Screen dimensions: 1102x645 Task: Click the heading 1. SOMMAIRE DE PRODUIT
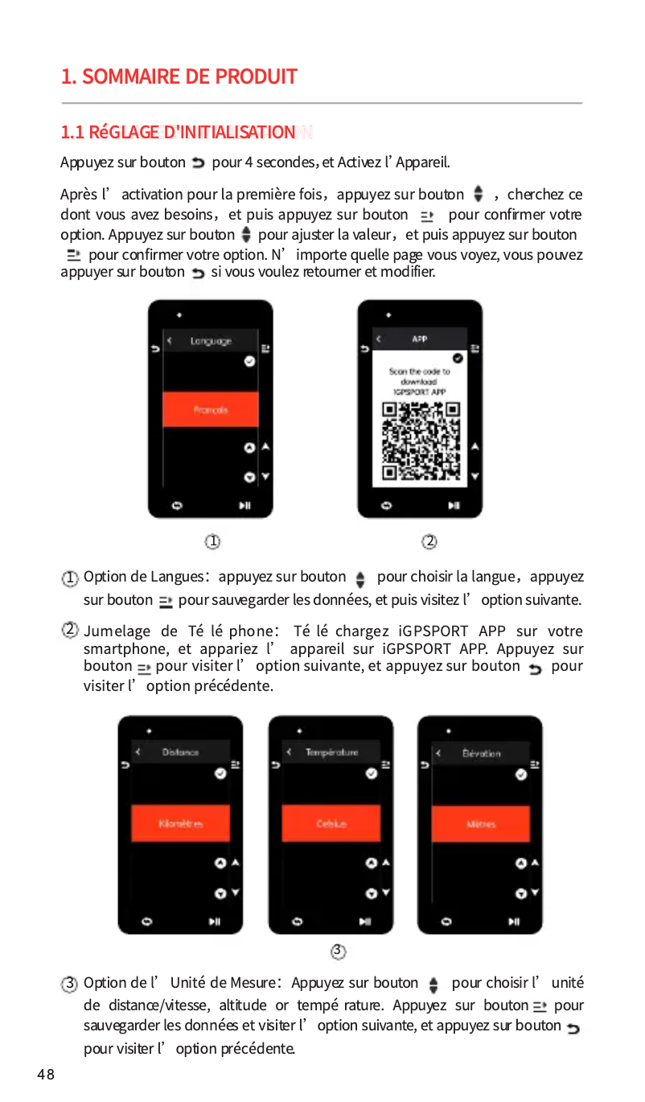(x=179, y=77)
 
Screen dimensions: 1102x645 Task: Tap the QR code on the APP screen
(x=420, y=440)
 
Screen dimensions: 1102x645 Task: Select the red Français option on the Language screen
(x=211, y=409)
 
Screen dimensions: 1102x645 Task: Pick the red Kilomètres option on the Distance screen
(x=181, y=824)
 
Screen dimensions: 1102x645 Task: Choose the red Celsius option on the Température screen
(x=331, y=824)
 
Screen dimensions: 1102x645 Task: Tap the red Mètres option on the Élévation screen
(x=481, y=824)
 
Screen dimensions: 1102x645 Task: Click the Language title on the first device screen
(x=211, y=341)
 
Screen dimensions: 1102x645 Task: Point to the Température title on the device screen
(x=331, y=753)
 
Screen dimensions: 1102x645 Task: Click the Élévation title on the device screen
(x=482, y=754)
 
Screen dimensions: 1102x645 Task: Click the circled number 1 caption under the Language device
(x=212, y=542)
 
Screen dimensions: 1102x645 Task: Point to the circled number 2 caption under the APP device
(x=429, y=542)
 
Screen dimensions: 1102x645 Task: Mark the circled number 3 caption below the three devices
(x=339, y=952)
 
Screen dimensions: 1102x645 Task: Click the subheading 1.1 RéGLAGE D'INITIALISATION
(x=179, y=132)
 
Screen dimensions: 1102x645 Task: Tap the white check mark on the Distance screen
(x=220, y=773)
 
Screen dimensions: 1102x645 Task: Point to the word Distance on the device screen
(x=181, y=753)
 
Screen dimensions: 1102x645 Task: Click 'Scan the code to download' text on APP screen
(x=420, y=376)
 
